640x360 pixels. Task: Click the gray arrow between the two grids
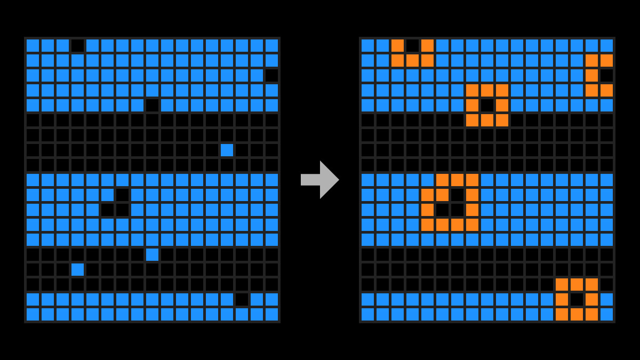pyautogui.click(x=320, y=180)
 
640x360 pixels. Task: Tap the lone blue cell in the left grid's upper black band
pyautogui.click(x=227, y=150)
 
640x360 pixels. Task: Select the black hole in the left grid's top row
pyautogui.click(x=77, y=45)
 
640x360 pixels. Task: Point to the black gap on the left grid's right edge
pyautogui.click(x=271, y=75)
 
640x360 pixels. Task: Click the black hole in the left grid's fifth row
pyautogui.click(x=152, y=105)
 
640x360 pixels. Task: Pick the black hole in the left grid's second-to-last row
pyautogui.click(x=242, y=299)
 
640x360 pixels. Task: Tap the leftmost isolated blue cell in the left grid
pyautogui.click(x=77, y=269)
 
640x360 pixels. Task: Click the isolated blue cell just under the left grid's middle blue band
pyautogui.click(x=152, y=254)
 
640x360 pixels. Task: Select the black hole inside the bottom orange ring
pyautogui.click(x=577, y=299)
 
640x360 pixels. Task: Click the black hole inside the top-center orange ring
pyautogui.click(x=487, y=105)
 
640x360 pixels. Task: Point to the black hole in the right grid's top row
pyautogui.click(x=412, y=45)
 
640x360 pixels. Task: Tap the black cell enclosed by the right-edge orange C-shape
pyautogui.click(x=606, y=75)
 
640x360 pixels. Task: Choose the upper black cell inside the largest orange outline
pyautogui.click(x=457, y=195)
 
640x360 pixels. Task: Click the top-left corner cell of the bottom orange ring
pyautogui.click(x=562, y=284)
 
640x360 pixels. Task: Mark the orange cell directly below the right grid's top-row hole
pyautogui.click(x=412, y=60)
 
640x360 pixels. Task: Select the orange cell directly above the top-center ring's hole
pyautogui.click(x=487, y=90)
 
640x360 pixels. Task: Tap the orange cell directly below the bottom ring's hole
pyautogui.click(x=577, y=314)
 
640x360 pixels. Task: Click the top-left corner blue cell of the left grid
pyautogui.click(x=33, y=45)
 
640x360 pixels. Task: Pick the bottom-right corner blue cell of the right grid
pyautogui.click(x=606, y=314)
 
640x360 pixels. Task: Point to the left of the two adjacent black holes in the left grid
pyautogui.click(x=107, y=210)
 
